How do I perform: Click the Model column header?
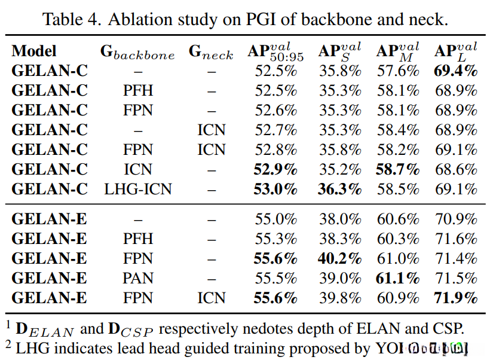pyautogui.click(x=34, y=51)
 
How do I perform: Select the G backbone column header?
pyautogui.click(x=137, y=52)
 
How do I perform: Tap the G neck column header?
pyautogui.click(x=211, y=52)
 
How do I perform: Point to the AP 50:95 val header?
pyautogui.click(x=275, y=51)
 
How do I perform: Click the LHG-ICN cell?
pyautogui.click(x=138, y=190)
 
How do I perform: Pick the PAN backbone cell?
pyautogui.click(x=138, y=278)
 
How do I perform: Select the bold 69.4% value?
pyautogui.click(x=456, y=71)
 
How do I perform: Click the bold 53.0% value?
pyautogui.click(x=275, y=190)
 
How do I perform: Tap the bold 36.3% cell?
pyautogui.click(x=339, y=190)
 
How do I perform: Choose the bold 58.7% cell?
pyautogui.click(x=397, y=170)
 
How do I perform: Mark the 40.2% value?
pyautogui.click(x=339, y=258)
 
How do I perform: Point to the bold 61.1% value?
pyautogui.click(x=397, y=278)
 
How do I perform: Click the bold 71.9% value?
pyautogui.click(x=456, y=298)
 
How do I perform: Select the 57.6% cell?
pyautogui.click(x=397, y=71)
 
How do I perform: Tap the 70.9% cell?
pyautogui.click(x=456, y=219)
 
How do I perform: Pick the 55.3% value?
pyautogui.click(x=275, y=239)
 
